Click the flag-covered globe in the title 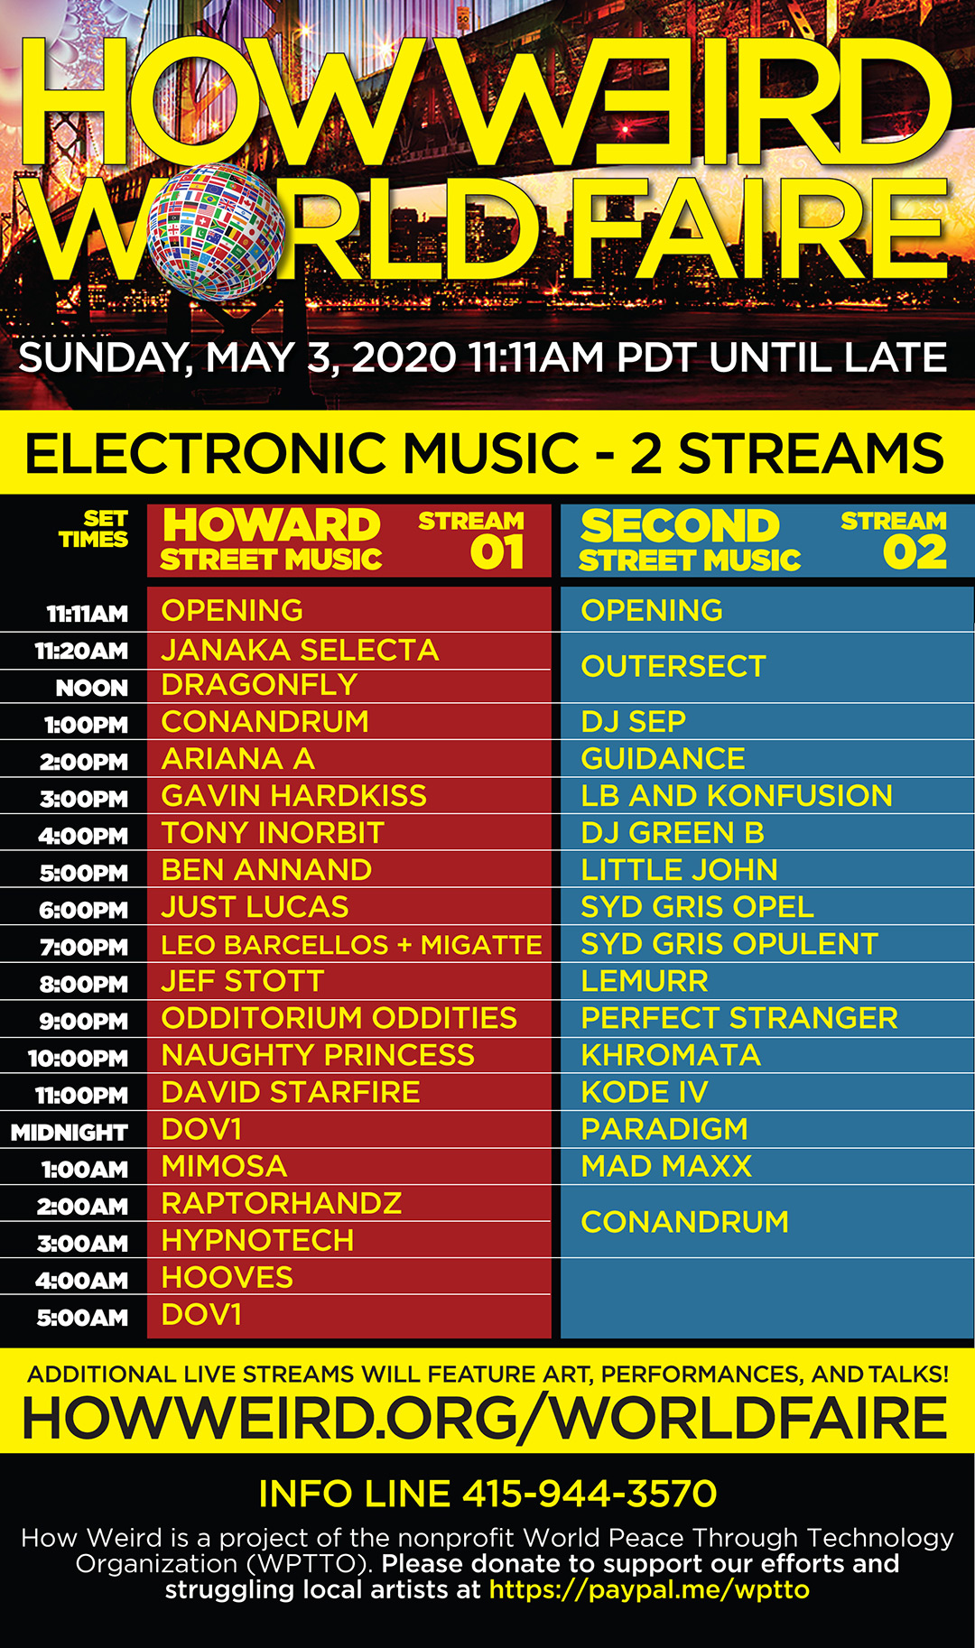pyautogui.click(x=216, y=232)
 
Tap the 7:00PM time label pyautogui.click(x=84, y=947)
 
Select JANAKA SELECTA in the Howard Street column pyautogui.click(x=300, y=650)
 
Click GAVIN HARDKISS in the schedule pyautogui.click(x=293, y=795)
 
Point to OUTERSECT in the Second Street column pyautogui.click(x=673, y=666)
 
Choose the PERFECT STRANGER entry pyautogui.click(x=739, y=1017)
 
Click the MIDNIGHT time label pyautogui.click(x=70, y=1132)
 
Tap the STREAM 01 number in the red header pyautogui.click(x=497, y=552)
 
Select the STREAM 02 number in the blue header pyautogui.click(x=915, y=552)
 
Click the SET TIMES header pyautogui.click(x=94, y=529)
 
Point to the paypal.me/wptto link pyautogui.click(x=649, y=1589)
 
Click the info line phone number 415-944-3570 pyautogui.click(x=590, y=1494)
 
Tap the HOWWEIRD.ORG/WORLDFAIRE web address pyautogui.click(x=485, y=1417)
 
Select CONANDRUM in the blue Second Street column pyautogui.click(x=684, y=1221)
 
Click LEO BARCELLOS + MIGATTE pyautogui.click(x=351, y=944)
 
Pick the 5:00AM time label pyautogui.click(x=82, y=1317)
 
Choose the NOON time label pyautogui.click(x=92, y=688)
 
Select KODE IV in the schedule pyautogui.click(x=644, y=1092)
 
